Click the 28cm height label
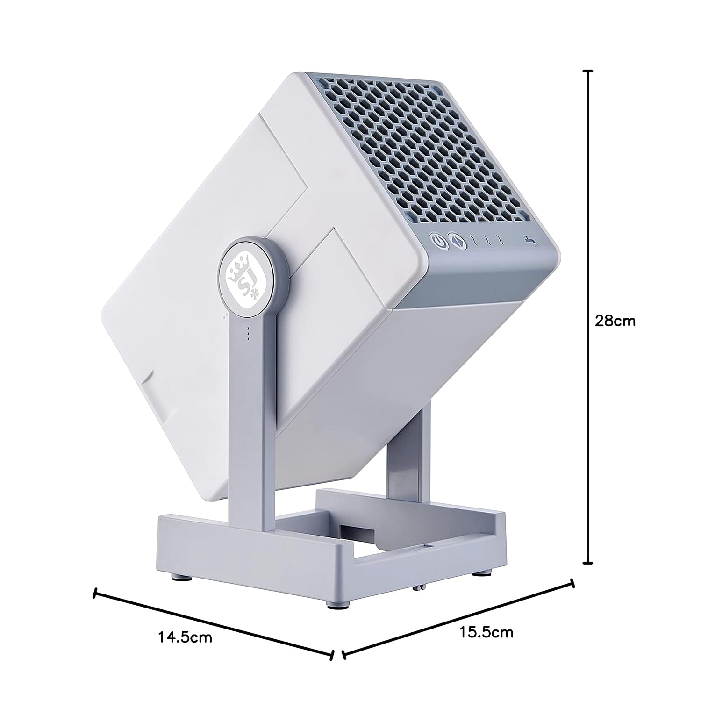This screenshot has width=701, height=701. pos(615,321)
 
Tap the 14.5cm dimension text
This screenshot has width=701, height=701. pos(185,637)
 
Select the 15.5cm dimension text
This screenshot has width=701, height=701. pos(486,633)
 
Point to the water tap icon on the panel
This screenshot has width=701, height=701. pos(529,240)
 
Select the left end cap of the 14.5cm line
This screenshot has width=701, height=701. pos(96,593)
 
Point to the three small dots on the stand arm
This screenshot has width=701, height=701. pos(248,334)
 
